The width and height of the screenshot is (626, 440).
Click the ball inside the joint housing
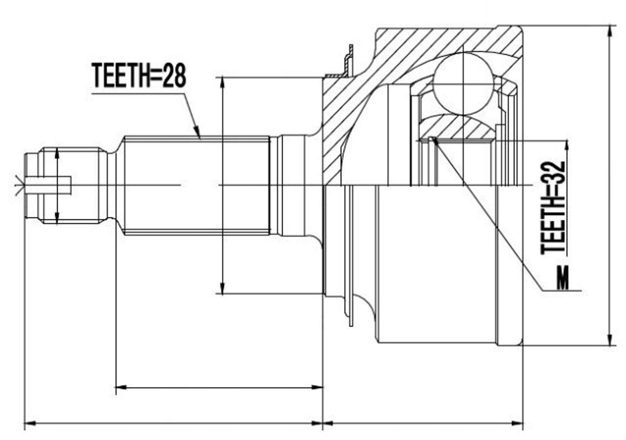[x=463, y=84]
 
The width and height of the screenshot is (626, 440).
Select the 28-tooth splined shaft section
[x=196, y=185]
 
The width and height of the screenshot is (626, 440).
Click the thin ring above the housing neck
[x=348, y=61]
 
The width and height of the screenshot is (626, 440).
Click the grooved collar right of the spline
[x=287, y=185]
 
